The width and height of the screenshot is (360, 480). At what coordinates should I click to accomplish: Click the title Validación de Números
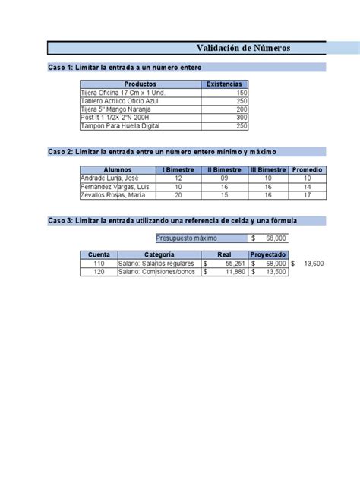pyautogui.click(x=243, y=49)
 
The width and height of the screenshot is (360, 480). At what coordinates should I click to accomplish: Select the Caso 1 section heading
pyautogui.click(x=125, y=68)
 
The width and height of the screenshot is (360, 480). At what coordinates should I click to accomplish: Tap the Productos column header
pyautogui.click(x=141, y=84)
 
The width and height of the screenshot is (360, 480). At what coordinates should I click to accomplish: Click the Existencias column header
pyautogui.click(x=225, y=84)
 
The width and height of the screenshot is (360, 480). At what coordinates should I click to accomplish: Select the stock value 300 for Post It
pyautogui.click(x=242, y=118)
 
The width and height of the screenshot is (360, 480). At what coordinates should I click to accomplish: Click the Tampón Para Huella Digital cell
pyautogui.click(x=125, y=126)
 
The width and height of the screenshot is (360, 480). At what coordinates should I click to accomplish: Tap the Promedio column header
pyautogui.click(x=308, y=169)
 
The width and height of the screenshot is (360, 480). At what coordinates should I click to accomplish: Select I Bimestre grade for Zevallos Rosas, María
pyautogui.click(x=178, y=194)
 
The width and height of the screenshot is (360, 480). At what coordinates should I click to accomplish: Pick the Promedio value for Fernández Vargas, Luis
pyautogui.click(x=308, y=186)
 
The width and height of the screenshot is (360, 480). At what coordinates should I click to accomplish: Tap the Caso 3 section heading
pyautogui.click(x=172, y=221)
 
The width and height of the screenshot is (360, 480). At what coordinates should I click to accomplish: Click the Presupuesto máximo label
pyautogui.click(x=185, y=238)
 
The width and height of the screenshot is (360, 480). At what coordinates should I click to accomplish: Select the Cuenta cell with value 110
pyautogui.click(x=99, y=263)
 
